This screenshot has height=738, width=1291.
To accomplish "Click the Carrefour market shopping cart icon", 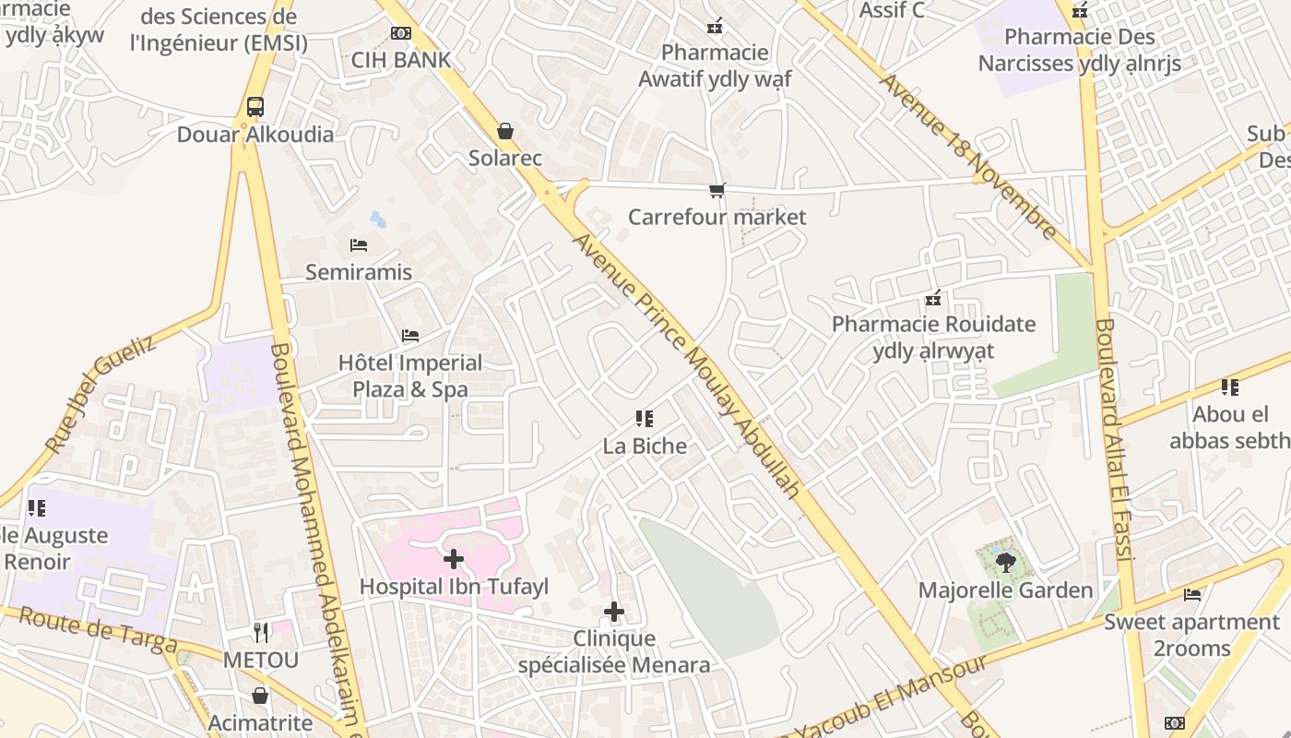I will point(717,190).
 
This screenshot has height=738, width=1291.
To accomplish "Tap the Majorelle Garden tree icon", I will point(1005,561).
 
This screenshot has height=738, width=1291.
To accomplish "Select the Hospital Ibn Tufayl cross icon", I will point(453,558).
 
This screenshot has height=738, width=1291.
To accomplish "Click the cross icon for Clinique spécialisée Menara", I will point(613,611).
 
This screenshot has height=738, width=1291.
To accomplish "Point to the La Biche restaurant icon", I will point(645,419).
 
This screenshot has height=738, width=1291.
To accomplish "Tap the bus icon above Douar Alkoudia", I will point(255,106).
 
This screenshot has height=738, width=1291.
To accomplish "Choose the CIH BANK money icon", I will point(400,33).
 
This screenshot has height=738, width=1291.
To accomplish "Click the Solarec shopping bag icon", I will point(504,131).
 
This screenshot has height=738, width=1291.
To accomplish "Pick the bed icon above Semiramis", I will point(359,244).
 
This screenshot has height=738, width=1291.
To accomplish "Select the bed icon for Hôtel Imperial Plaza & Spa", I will point(410,335).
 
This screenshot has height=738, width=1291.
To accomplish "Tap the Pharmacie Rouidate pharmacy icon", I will point(933,298).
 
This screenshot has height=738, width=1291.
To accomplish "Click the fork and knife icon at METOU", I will point(261,632).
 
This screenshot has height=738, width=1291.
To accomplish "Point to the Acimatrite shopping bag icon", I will point(260,695).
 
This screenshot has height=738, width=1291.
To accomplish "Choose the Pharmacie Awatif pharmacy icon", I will point(715,26).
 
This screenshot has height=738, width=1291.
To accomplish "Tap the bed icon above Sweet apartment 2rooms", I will point(1192,594).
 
